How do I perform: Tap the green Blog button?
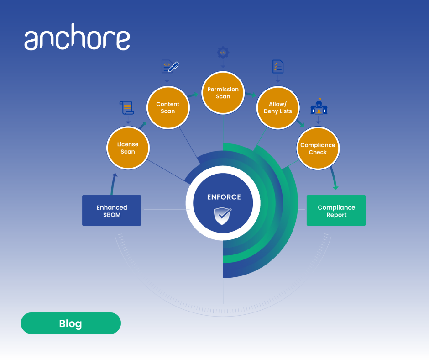(71, 323)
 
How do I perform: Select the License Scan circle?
(128, 148)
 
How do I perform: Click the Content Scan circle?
(168, 108)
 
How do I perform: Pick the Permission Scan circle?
(223, 93)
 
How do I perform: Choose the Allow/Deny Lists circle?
(278, 108)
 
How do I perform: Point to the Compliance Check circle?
(318, 148)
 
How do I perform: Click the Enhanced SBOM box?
(112, 211)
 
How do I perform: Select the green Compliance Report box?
(336, 211)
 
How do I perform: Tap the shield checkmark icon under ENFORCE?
(222, 216)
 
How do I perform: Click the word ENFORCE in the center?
(224, 197)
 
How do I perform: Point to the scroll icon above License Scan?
(127, 108)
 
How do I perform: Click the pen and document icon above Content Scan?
(170, 67)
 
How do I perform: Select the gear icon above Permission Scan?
(223, 53)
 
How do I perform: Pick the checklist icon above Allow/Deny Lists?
(278, 67)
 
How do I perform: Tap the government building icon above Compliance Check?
(319, 106)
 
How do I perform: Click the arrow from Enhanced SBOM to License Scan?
(113, 184)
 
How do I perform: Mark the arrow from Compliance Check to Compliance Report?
(334, 178)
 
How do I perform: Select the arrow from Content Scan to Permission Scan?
(193, 95)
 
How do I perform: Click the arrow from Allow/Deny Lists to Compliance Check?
(300, 123)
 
